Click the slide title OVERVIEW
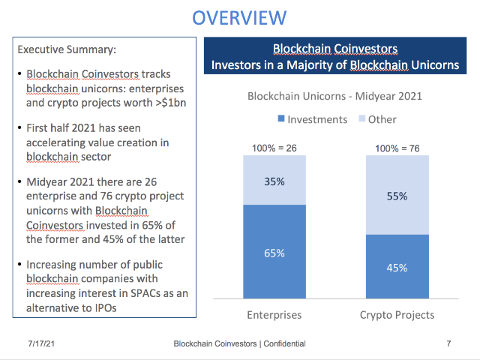coord(239,17)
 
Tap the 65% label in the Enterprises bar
coord(274,253)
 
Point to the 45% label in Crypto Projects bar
coord(397,268)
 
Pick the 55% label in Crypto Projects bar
coord(397,196)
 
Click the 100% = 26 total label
coord(274,148)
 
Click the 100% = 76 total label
coord(397,148)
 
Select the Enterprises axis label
coord(274,314)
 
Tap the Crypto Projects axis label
coord(397,314)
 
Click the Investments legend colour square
coord(281,119)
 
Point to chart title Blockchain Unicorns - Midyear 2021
coord(335,96)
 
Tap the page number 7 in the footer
coord(448,343)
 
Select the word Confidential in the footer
coord(281,343)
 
